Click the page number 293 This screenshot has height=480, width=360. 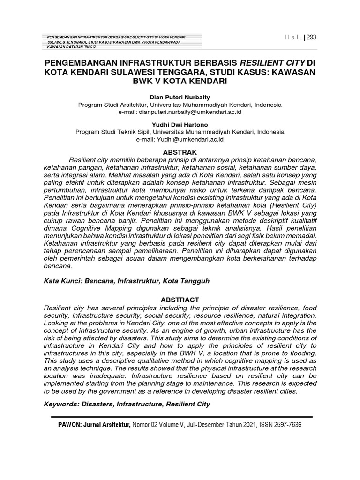click(311, 38)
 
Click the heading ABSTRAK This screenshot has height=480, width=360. click(180, 152)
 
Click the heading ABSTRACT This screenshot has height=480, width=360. click(180, 300)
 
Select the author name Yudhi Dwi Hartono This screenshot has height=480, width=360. click(180, 125)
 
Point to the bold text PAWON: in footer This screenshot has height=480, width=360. click(71, 425)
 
